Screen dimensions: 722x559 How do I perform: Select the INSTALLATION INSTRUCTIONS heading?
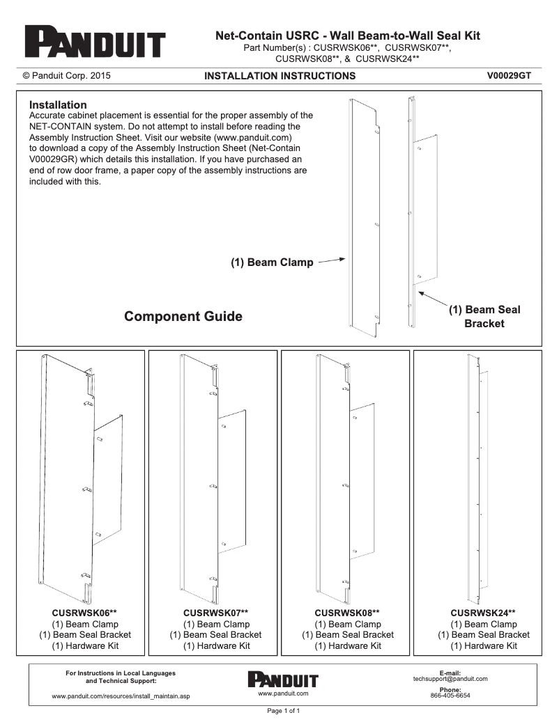coord(279,76)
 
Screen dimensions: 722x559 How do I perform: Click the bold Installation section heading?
coord(58,104)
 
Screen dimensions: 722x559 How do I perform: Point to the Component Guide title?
coord(183,317)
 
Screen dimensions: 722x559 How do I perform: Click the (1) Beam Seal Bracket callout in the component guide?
coord(484,316)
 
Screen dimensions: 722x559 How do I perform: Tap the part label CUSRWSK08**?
coord(347,613)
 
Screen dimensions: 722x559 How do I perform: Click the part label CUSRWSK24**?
coord(483,613)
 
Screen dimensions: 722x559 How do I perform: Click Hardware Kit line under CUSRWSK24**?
coord(483,646)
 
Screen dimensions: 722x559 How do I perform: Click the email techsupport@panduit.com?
coord(450,679)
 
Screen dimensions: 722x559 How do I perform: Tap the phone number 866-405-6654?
coord(450,696)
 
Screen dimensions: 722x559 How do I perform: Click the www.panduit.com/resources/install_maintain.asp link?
coord(121,696)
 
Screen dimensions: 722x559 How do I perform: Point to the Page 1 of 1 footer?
coord(279,711)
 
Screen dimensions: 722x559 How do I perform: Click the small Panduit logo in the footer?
coord(282,680)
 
